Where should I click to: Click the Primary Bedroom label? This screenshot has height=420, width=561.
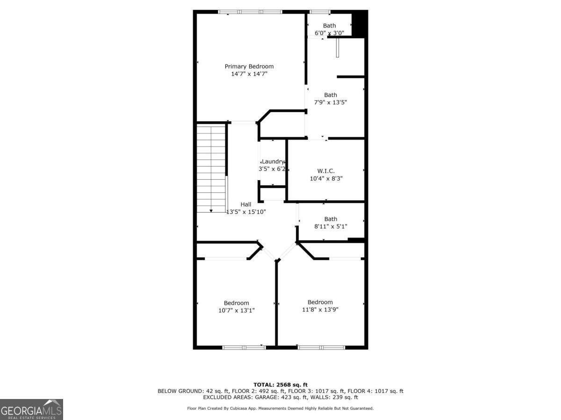pyautogui.click(x=249, y=66)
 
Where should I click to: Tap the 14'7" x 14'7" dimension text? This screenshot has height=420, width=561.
pyautogui.click(x=249, y=74)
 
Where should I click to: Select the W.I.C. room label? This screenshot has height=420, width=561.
pyautogui.click(x=326, y=171)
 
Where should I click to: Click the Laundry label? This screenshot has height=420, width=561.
pyautogui.click(x=273, y=161)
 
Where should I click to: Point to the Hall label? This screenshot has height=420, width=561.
pyautogui.click(x=246, y=204)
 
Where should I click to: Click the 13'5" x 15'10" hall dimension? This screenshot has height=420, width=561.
pyautogui.click(x=246, y=212)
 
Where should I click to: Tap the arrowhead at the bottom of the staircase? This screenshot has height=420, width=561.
pyautogui.click(x=211, y=210)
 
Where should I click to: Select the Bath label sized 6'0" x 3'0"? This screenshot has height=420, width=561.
pyautogui.click(x=329, y=26)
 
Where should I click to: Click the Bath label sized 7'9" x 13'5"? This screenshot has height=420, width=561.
pyautogui.click(x=331, y=95)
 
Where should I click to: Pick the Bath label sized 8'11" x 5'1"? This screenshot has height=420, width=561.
pyautogui.click(x=331, y=219)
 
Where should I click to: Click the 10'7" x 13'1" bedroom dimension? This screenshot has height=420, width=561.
pyautogui.click(x=236, y=310)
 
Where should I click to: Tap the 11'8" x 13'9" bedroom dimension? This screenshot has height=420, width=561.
pyautogui.click(x=320, y=309)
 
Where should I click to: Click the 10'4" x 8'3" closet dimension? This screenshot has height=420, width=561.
pyautogui.click(x=326, y=178)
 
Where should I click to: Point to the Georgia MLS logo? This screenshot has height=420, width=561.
pyautogui.click(x=31, y=409)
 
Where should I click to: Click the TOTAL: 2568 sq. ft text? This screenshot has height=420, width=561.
pyautogui.click(x=280, y=385)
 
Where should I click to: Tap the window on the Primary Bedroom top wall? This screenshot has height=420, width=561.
pyautogui.click(x=251, y=12)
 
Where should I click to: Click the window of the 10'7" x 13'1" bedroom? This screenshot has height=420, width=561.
pyautogui.click(x=244, y=347)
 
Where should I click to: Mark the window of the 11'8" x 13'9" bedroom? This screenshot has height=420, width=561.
pyautogui.click(x=321, y=347)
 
